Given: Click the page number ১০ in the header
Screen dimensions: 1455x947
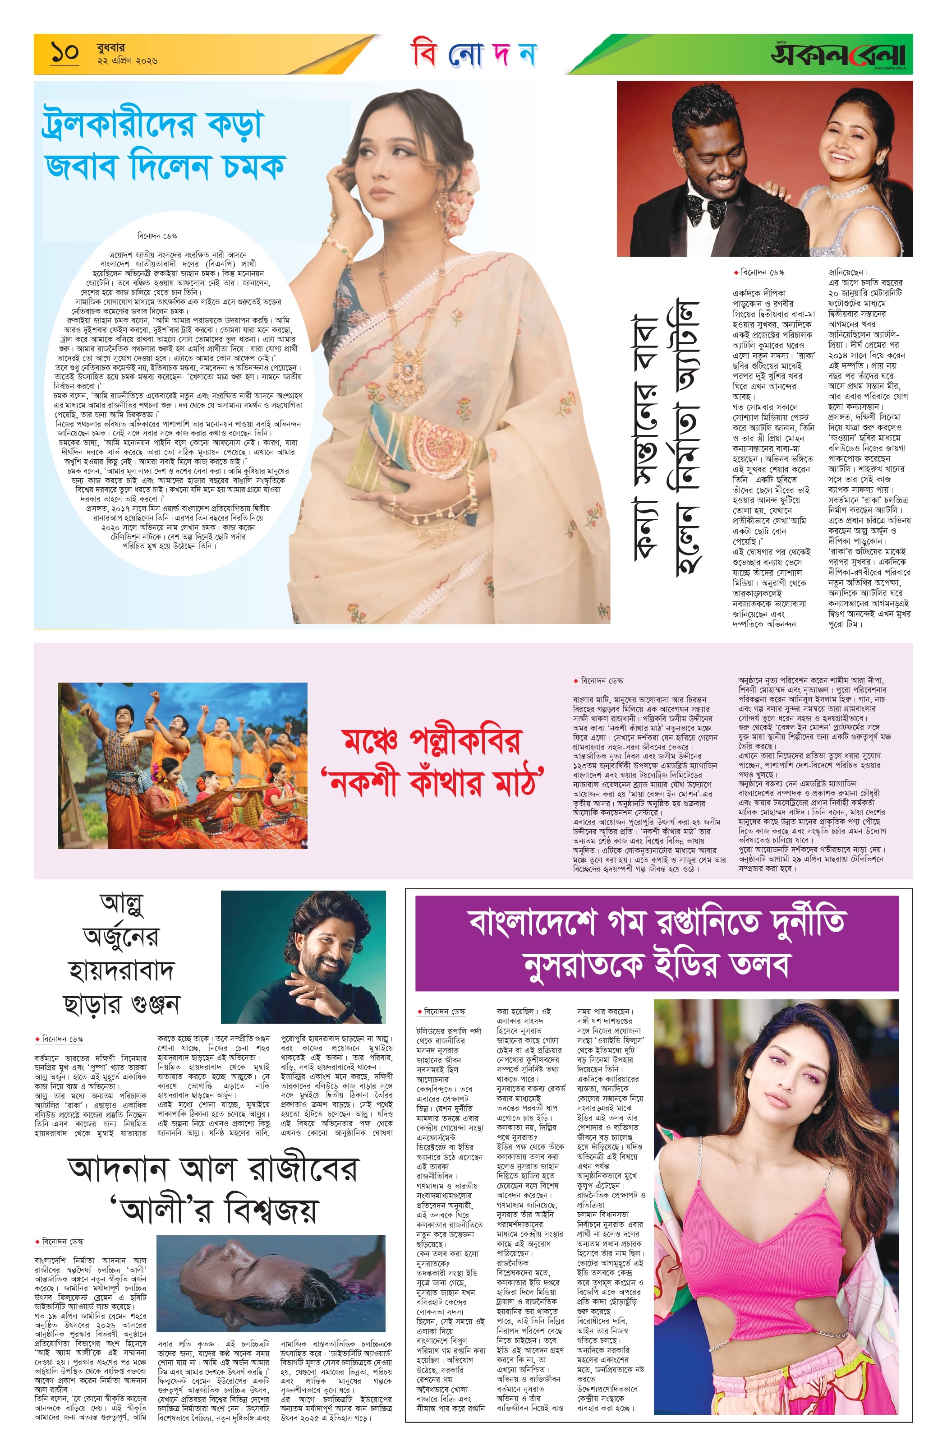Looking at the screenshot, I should pyautogui.click(x=65, y=53).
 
